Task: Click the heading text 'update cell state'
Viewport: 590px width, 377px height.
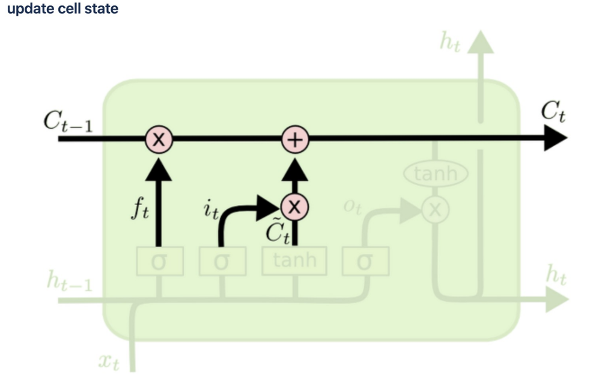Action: click(x=63, y=10)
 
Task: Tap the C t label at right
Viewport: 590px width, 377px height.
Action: click(x=553, y=112)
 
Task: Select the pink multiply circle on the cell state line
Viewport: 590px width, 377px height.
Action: click(x=159, y=139)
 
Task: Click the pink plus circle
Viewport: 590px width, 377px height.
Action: click(x=295, y=139)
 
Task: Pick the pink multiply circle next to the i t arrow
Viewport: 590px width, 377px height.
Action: click(x=294, y=207)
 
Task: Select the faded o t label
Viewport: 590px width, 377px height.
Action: click(x=351, y=206)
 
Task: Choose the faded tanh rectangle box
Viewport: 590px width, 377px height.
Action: click(x=293, y=261)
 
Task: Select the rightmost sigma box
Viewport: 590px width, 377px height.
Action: click(x=365, y=261)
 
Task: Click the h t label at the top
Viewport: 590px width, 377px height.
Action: click(x=449, y=44)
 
